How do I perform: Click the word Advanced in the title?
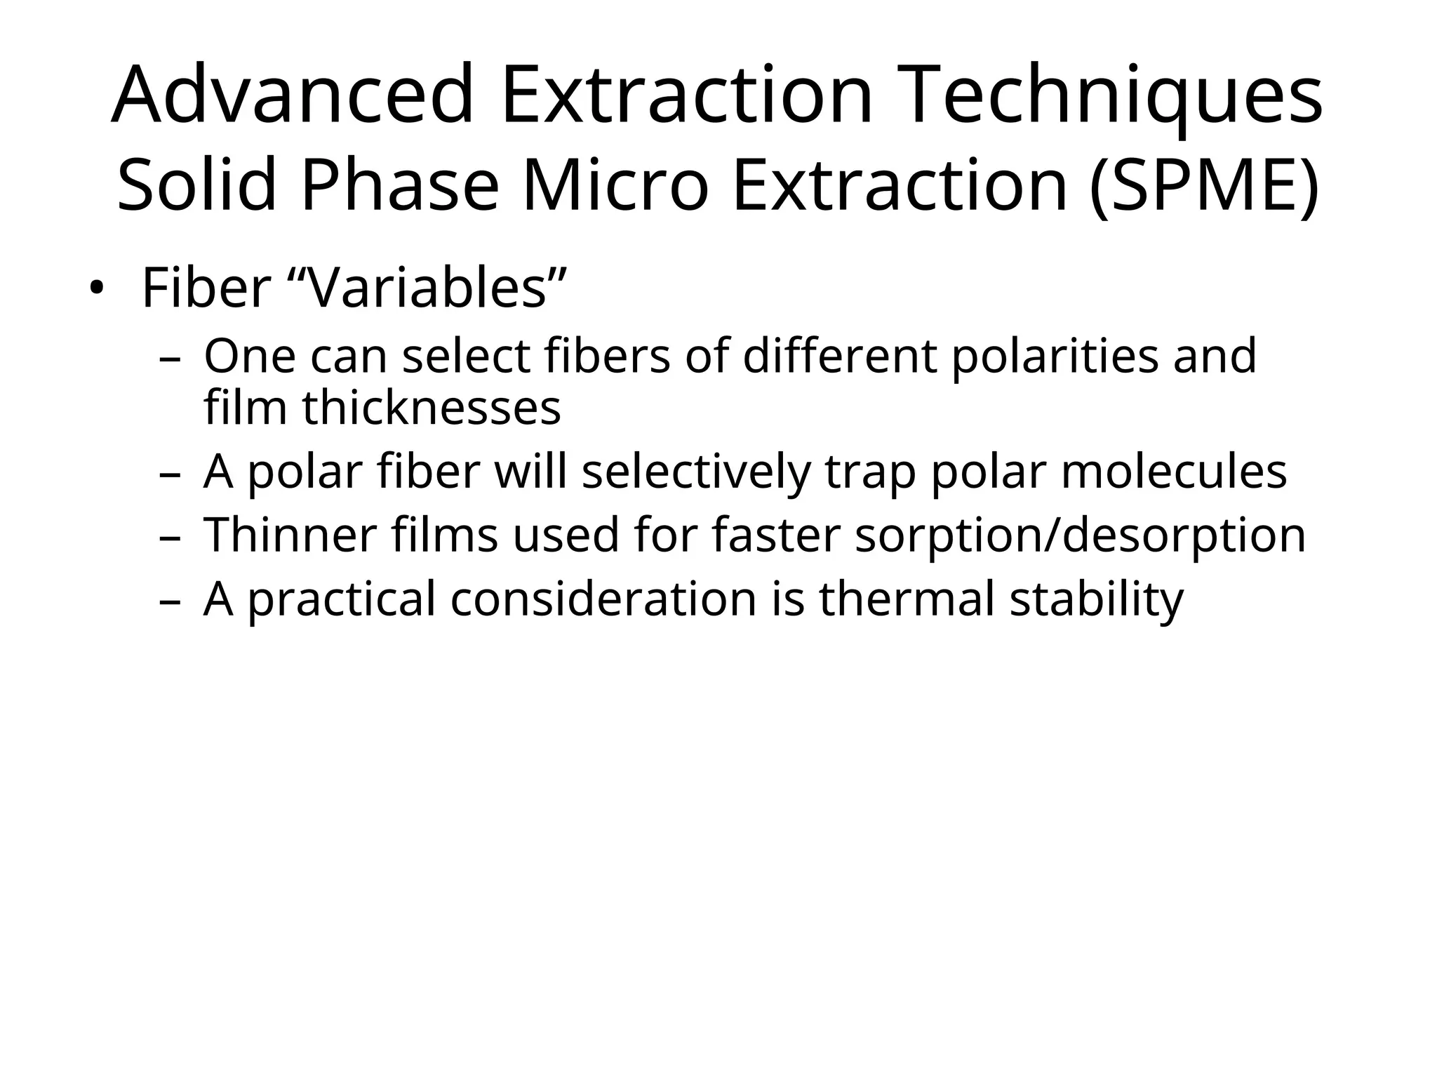tap(293, 95)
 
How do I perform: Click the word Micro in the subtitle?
tap(615, 185)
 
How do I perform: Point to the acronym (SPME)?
tap(1204, 185)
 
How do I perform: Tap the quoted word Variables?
tap(427, 288)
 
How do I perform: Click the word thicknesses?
tap(432, 408)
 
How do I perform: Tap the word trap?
tap(870, 471)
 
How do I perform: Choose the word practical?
tap(342, 599)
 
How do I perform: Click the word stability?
tap(1096, 599)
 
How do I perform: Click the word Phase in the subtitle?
tap(399, 185)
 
